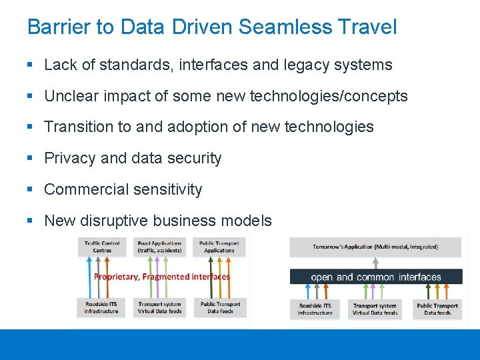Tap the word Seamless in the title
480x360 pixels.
point(285,27)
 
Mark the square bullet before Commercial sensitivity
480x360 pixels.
point(31,189)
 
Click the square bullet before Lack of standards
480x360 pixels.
point(31,65)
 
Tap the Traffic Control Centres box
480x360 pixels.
point(102,247)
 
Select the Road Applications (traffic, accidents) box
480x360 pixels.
point(160,247)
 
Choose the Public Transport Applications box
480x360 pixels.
point(219,247)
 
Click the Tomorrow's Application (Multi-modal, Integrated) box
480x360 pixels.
point(375,247)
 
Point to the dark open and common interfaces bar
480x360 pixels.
point(375,277)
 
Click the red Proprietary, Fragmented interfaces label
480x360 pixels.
point(162,277)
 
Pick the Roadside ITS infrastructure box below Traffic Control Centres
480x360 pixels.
point(101,307)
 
